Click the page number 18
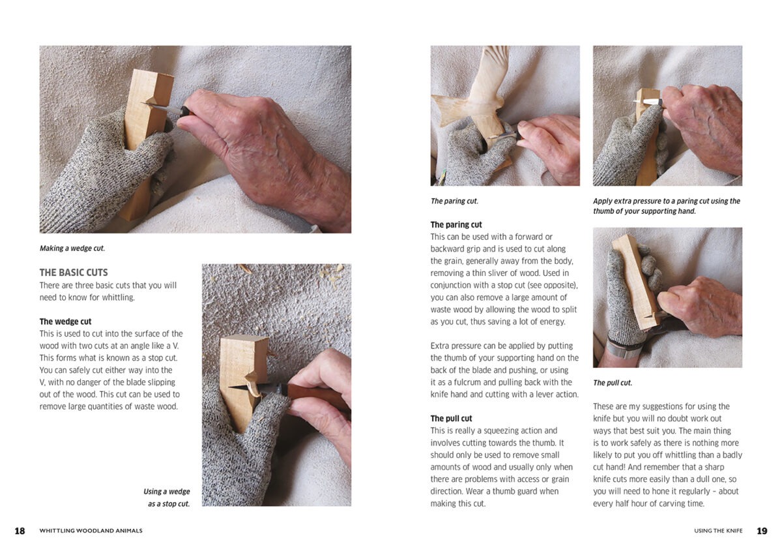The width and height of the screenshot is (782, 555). point(20,531)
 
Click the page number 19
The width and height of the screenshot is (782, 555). point(762,531)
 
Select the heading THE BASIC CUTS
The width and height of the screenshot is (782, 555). point(74,273)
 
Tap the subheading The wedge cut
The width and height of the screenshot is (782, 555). point(65,322)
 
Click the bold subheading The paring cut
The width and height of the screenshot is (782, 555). point(456,224)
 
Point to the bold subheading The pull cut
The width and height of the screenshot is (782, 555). point(451,419)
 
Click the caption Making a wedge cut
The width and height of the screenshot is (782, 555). point(72,248)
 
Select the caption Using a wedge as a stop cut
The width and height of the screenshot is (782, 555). point(167,498)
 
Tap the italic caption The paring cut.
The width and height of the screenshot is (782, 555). point(454,201)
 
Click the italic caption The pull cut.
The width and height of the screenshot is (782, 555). point(613,383)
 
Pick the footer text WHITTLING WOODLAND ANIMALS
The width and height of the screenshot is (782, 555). point(91,531)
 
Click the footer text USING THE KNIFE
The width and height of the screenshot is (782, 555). point(718,531)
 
